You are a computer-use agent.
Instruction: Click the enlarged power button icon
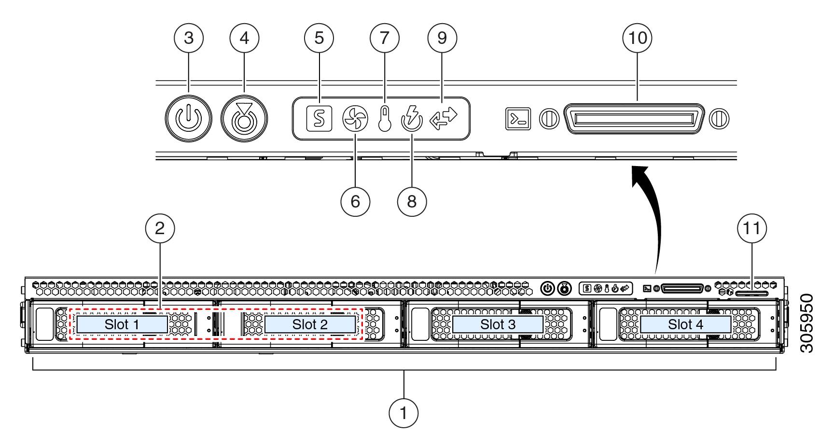188,119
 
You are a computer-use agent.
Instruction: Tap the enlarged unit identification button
244,119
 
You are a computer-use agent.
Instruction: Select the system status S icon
319,119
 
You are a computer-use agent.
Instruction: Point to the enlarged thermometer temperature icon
384,119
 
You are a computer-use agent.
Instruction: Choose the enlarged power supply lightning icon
412,119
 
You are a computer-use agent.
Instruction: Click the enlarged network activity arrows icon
443,119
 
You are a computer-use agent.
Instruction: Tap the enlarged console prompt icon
518,119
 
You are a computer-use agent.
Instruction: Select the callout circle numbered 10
638,38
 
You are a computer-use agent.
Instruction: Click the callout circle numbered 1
403,413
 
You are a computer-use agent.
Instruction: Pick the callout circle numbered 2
160,228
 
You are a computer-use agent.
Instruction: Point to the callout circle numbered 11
752,228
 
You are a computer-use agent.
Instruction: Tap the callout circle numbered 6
355,202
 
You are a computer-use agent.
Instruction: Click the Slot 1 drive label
122,324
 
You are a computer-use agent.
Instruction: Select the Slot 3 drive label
498,324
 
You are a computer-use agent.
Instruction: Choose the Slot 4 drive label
685,324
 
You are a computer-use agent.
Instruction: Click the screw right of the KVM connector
719,119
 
